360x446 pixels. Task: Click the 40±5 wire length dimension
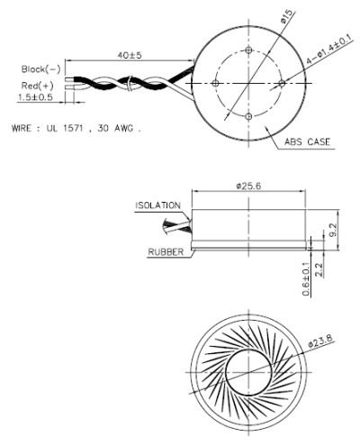[129, 56]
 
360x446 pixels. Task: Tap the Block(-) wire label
[40, 68]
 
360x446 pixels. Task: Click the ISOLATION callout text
[156, 205]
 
